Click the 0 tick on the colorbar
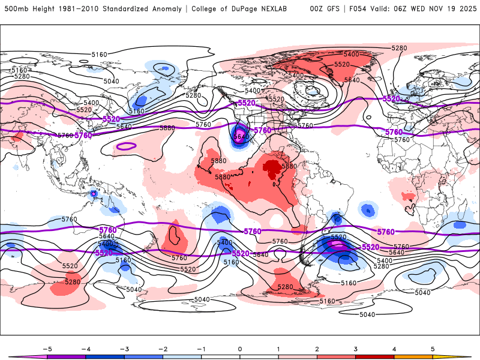tap(240, 349)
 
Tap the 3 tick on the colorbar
tap(355, 349)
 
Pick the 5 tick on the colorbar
tap(433, 349)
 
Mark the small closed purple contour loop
tap(127, 146)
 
